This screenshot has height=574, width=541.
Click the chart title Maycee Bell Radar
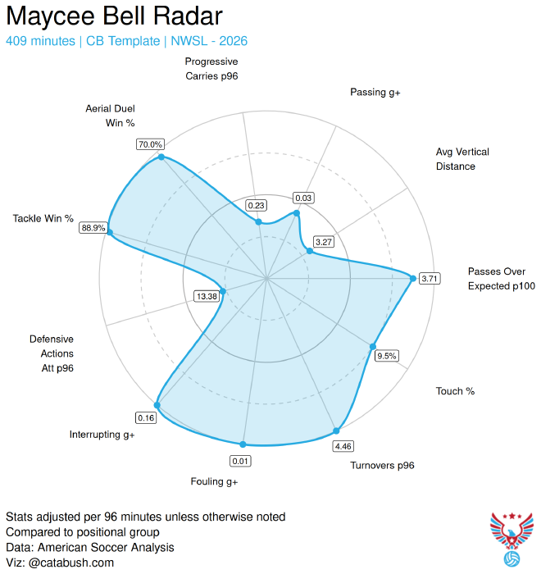coord(114,16)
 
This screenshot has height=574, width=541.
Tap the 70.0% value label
coord(150,144)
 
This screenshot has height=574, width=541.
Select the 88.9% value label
coord(93,228)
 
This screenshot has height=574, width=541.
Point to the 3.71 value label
coord(430,279)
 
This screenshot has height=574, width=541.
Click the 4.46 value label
coord(343,446)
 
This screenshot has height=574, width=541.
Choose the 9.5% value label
coord(386,356)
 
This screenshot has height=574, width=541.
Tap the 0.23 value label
coord(257,205)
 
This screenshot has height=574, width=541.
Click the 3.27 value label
coord(323,242)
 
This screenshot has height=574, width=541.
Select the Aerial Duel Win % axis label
coord(110,116)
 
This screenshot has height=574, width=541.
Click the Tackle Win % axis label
coord(43,219)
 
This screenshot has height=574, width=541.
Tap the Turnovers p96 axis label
coord(383,466)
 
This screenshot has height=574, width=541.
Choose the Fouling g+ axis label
coord(214,482)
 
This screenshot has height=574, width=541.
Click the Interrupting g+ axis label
coord(102,435)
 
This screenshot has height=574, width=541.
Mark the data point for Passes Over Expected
coord(412,278)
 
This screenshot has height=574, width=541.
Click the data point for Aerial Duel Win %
coord(161,157)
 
